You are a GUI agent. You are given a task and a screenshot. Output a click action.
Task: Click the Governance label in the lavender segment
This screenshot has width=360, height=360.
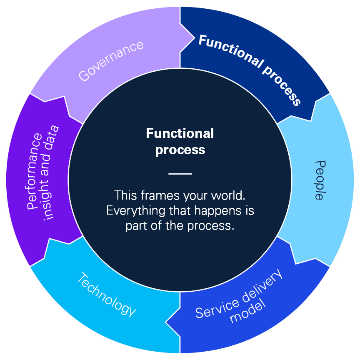111,61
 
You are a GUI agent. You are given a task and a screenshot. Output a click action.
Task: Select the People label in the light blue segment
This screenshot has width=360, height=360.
319,180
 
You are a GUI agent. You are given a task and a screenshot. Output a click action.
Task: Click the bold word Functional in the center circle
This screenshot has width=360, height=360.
180,133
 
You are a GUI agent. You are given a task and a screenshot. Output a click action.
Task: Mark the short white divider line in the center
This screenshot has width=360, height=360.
180,173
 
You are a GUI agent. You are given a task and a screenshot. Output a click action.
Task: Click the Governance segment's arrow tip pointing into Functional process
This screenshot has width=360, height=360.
194,39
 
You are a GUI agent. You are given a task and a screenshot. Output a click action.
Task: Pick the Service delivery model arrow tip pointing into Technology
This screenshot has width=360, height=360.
166,321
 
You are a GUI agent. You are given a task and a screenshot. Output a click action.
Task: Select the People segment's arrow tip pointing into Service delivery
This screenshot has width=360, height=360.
296,263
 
